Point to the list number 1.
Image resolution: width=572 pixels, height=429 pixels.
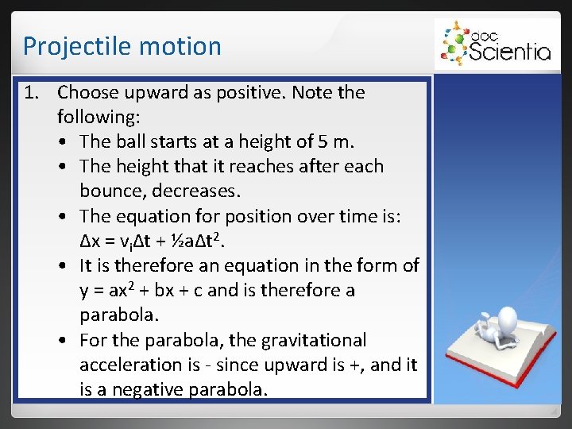point(31,93)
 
